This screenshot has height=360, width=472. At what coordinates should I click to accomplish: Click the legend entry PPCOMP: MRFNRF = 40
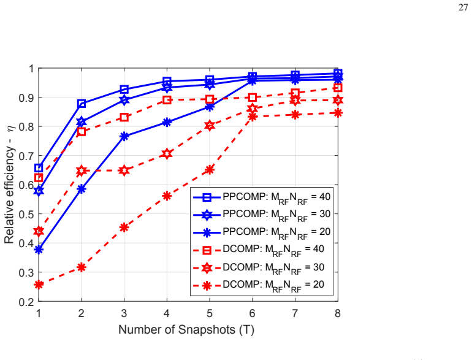(x=262, y=197)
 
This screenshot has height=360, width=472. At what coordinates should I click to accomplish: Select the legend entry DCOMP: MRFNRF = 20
(x=259, y=285)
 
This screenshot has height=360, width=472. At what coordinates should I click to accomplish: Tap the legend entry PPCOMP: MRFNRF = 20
(x=262, y=232)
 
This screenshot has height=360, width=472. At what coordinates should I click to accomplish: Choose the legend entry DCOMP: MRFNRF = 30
(x=259, y=267)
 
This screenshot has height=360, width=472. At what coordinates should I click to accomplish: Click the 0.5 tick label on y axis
(x=26, y=214)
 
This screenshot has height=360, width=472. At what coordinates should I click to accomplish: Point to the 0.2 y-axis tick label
(x=26, y=302)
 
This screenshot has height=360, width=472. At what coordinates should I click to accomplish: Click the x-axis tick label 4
(x=167, y=313)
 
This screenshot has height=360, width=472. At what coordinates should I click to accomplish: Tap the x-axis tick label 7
(x=295, y=313)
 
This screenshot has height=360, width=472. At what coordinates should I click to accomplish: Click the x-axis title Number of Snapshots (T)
(x=186, y=329)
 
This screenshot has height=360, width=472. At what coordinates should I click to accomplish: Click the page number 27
(x=463, y=7)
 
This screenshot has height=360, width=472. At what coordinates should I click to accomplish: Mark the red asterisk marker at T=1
(x=39, y=285)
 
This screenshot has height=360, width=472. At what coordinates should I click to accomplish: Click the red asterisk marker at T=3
(x=124, y=227)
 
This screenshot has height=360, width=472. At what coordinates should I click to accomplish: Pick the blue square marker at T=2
(x=82, y=104)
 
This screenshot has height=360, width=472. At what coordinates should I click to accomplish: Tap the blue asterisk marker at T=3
(x=124, y=137)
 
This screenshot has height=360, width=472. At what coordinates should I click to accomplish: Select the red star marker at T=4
(x=167, y=154)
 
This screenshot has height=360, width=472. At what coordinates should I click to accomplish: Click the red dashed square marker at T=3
(x=124, y=118)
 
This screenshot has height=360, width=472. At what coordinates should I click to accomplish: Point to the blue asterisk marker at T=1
(x=39, y=250)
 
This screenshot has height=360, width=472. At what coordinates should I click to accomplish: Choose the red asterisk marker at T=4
(x=167, y=196)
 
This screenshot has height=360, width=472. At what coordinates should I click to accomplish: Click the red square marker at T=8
(x=338, y=88)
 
